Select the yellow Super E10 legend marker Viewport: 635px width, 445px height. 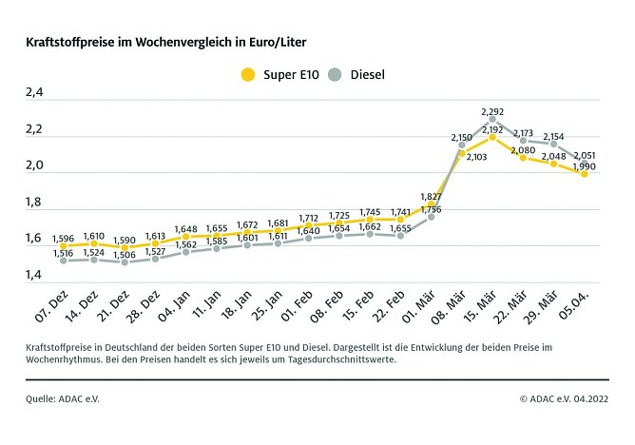(x=249, y=74)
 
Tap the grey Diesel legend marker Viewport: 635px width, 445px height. (x=335, y=74)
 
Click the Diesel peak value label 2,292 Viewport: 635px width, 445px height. (x=493, y=111)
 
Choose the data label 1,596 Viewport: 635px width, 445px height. (x=63, y=237)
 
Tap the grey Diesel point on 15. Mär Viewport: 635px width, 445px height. (x=492, y=121)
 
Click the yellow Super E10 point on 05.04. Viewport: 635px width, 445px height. (x=585, y=174)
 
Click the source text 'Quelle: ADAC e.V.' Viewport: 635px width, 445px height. (x=63, y=398)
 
